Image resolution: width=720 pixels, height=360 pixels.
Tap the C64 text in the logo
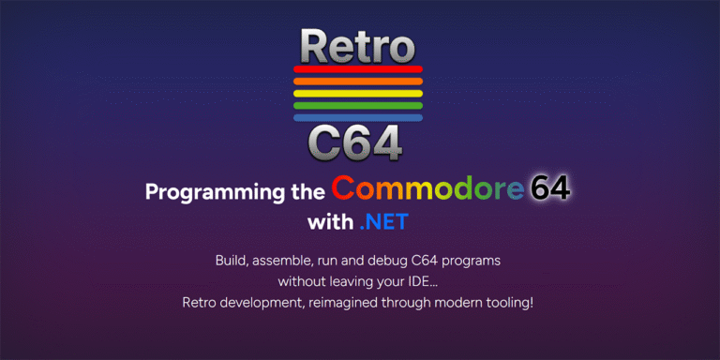click(x=355, y=143)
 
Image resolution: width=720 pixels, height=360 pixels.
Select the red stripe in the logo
click(x=358, y=68)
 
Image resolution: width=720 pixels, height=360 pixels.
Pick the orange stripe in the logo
click(x=358, y=81)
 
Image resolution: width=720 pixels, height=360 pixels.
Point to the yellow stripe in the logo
click(x=358, y=93)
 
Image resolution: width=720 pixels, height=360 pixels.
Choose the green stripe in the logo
click(x=358, y=105)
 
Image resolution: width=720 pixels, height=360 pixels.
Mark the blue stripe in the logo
click(x=358, y=117)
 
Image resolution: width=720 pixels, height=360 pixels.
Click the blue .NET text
click(x=382, y=223)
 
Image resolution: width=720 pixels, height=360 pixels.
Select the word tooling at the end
click(x=507, y=303)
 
